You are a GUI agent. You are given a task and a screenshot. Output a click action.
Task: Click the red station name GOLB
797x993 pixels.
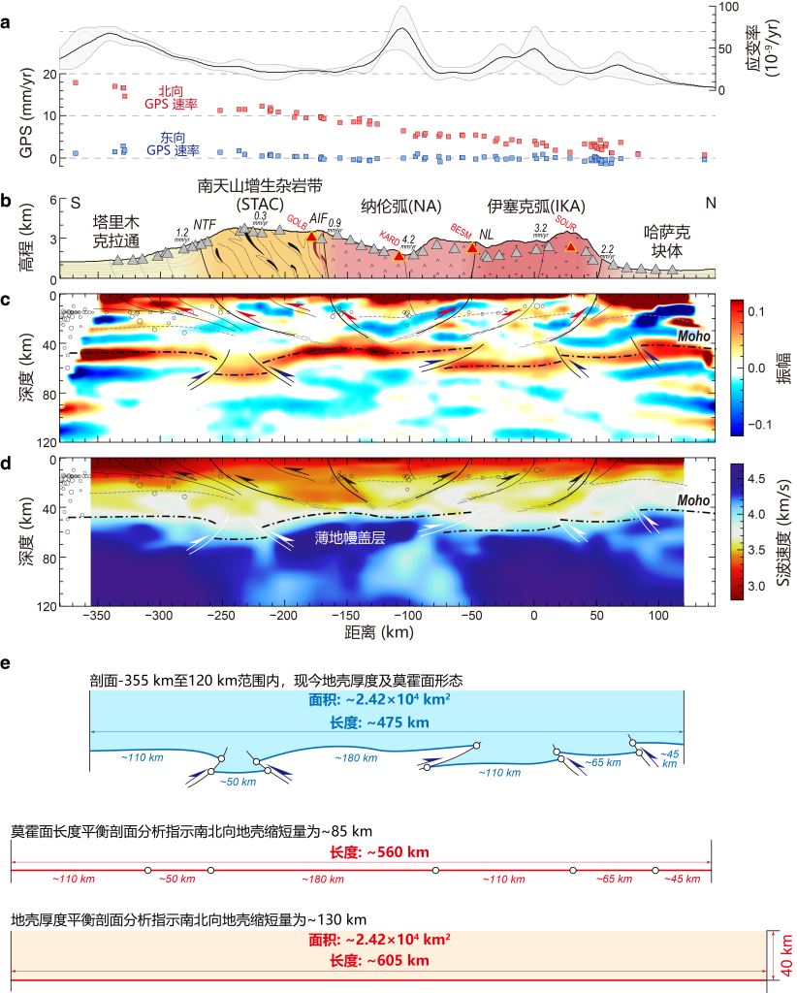click(x=297, y=223)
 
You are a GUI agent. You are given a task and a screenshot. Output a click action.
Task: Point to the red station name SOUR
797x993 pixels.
click(x=566, y=233)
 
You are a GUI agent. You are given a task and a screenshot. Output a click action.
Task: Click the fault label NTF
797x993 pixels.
click(x=204, y=225)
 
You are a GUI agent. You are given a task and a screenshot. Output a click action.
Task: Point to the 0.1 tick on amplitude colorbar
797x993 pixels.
click(x=755, y=312)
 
